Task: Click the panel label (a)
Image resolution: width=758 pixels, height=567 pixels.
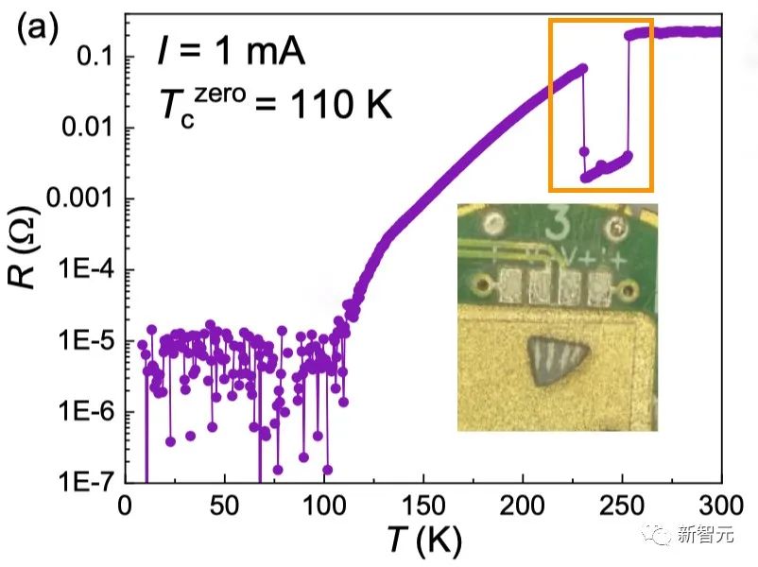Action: pos(37,29)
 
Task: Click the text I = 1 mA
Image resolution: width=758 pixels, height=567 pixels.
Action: pos(232,53)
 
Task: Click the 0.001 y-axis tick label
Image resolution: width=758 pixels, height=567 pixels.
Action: pos(77,198)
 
